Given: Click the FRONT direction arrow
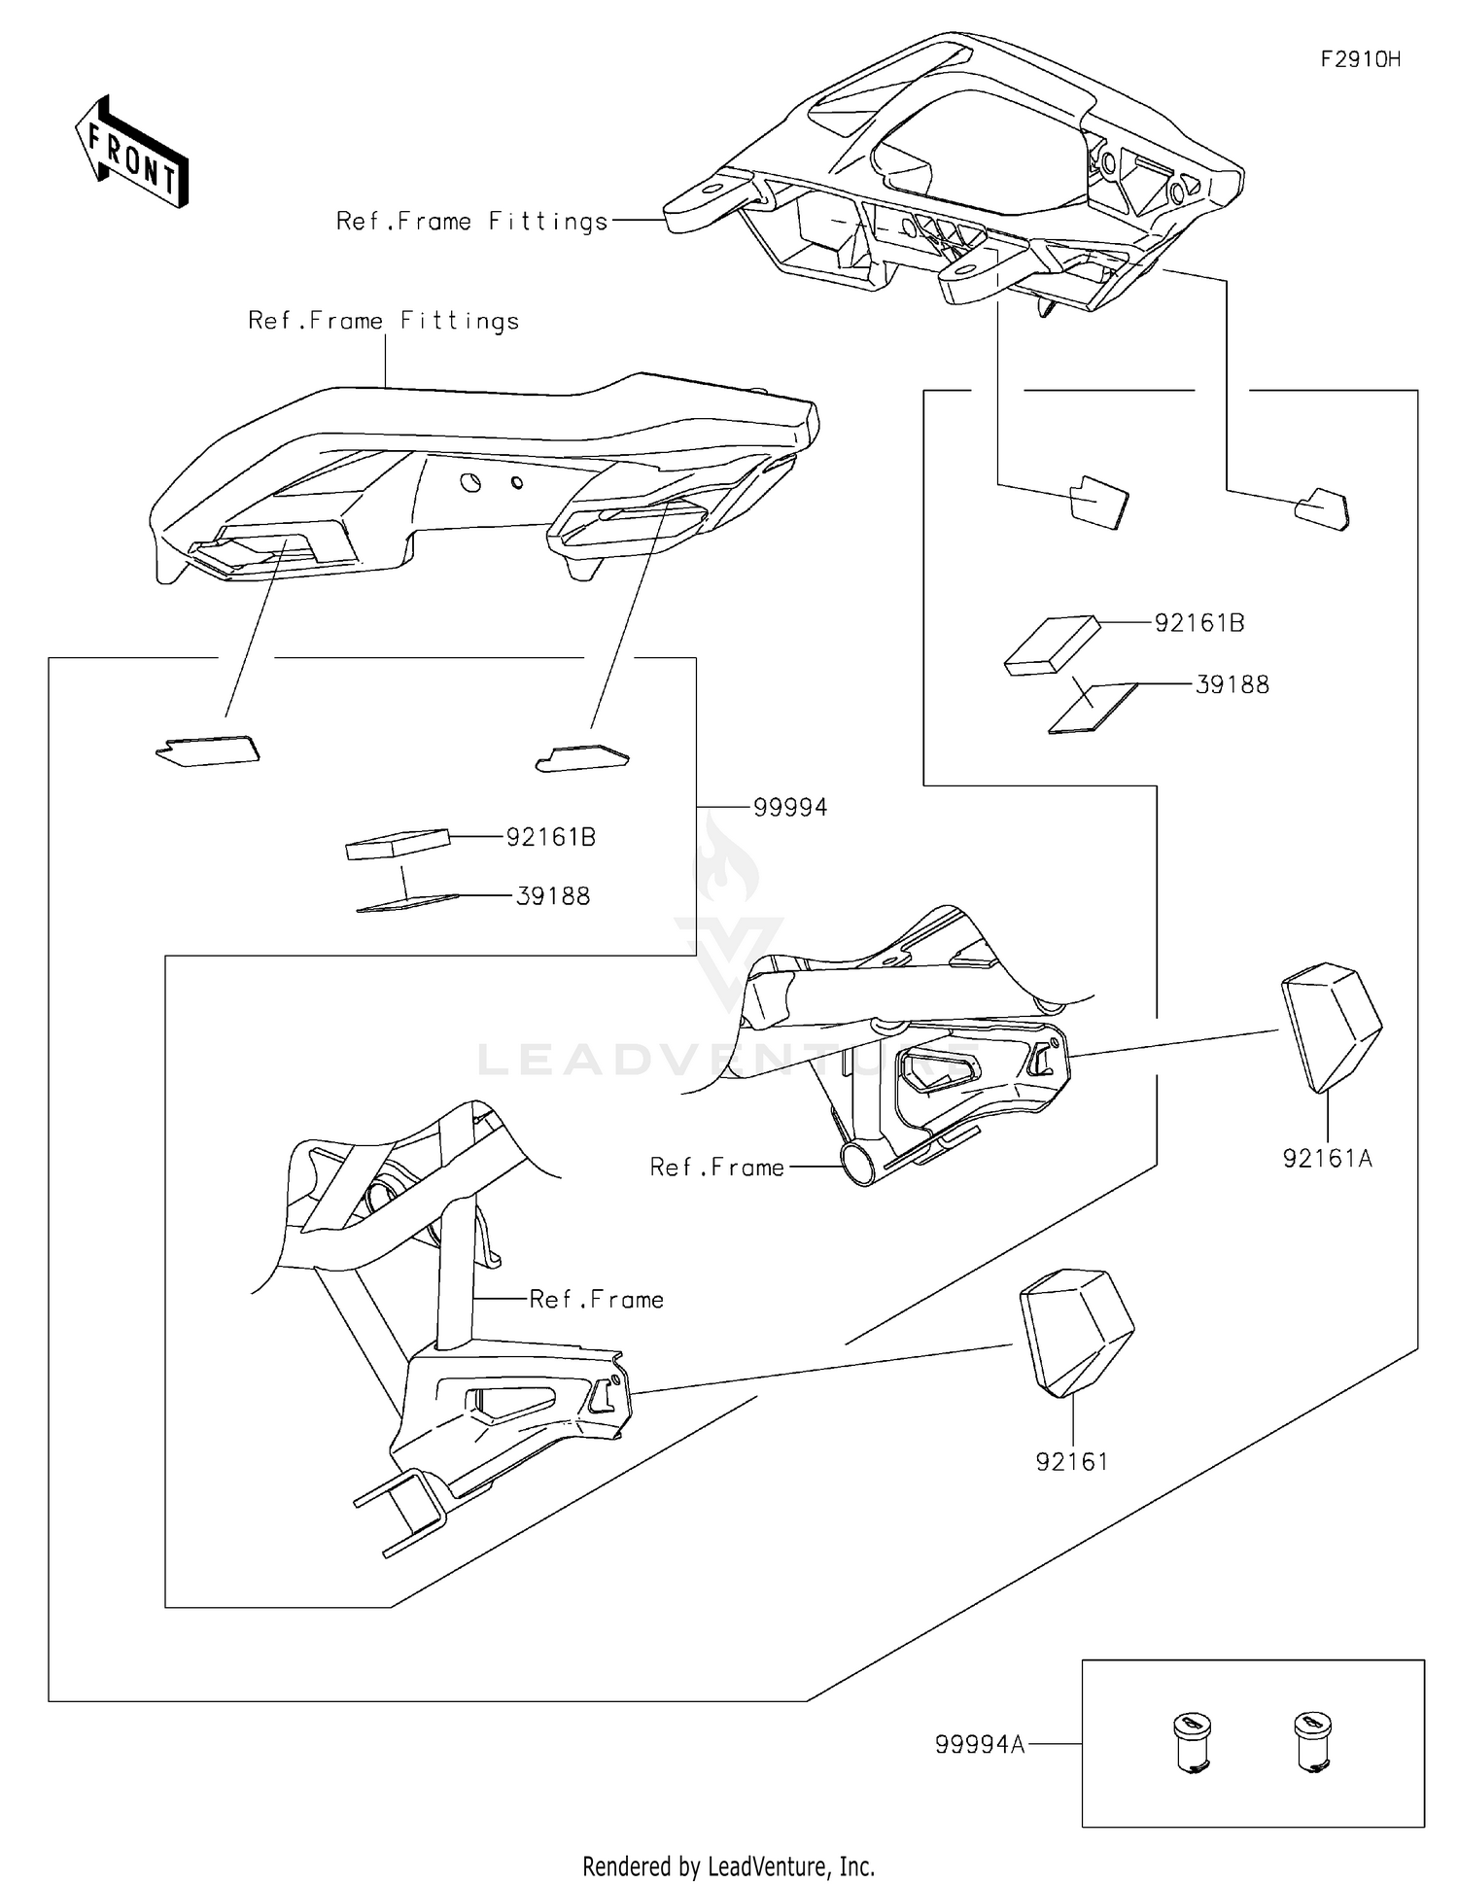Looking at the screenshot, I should click(x=132, y=152).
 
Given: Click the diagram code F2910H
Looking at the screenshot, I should click(x=1360, y=59).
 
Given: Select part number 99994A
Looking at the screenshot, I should click(x=979, y=1744).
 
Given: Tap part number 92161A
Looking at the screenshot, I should click(x=1327, y=1158).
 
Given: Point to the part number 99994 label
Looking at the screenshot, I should click(x=790, y=807).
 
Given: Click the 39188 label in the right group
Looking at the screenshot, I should click(x=1232, y=684).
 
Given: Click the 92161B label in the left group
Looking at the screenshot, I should click(x=550, y=836).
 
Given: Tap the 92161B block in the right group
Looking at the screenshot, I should click(x=1052, y=645).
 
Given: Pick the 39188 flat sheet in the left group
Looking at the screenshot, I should click(x=407, y=903).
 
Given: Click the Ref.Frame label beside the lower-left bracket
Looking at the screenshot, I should click(x=596, y=1299).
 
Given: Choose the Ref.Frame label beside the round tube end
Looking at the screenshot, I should click(x=716, y=1167).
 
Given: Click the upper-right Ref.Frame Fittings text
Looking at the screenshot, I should click(x=471, y=222).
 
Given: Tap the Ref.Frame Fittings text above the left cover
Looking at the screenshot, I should click(x=383, y=321).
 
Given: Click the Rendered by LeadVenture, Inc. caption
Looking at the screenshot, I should click(x=728, y=1866).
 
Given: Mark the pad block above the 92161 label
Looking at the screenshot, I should click(x=1075, y=1329).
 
